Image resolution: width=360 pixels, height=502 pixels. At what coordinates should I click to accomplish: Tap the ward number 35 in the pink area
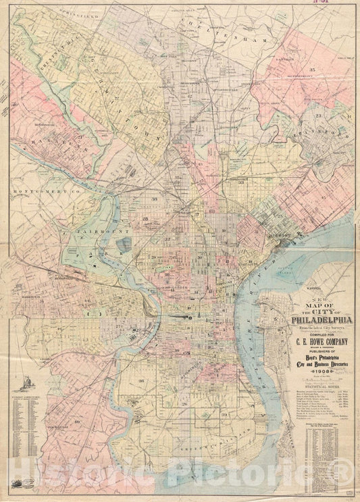[313, 70]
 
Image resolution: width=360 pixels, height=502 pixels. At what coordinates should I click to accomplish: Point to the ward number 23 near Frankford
[317, 116]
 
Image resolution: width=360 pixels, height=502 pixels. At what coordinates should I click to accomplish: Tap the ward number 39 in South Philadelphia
[224, 413]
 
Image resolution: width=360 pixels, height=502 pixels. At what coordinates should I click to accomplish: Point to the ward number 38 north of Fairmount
[155, 199]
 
